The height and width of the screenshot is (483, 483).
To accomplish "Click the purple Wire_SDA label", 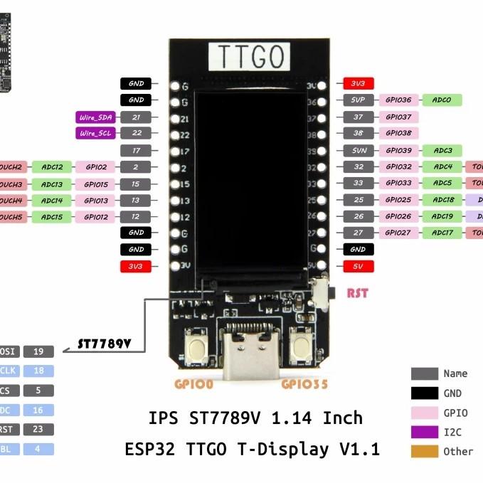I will point(95,117).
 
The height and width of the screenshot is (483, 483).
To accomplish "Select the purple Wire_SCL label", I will point(95,133).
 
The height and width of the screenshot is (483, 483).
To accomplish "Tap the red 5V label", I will point(358,266).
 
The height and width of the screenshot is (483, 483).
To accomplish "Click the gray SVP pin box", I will point(358,100).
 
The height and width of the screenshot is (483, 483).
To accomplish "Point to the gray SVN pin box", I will point(358,150).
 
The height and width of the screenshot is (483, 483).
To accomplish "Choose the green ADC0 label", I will point(442,100).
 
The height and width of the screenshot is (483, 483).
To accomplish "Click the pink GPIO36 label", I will point(398,100).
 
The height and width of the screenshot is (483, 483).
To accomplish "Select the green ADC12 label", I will point(52,167).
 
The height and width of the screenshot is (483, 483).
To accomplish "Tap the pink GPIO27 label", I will point(398,233).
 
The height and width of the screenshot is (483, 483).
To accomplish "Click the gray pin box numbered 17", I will point(135,150).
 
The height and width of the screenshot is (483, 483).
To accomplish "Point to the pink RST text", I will point(358,293).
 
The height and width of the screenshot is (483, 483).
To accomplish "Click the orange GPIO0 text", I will point(193,385).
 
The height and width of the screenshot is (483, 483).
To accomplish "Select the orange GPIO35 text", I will point(304,385).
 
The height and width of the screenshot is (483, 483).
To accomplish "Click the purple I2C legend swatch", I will point(424,431).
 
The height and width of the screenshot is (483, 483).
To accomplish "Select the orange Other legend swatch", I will point(424,451).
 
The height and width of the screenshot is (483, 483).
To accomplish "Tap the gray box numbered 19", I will point(38,351).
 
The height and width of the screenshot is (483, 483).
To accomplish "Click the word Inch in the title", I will point(343,418).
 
